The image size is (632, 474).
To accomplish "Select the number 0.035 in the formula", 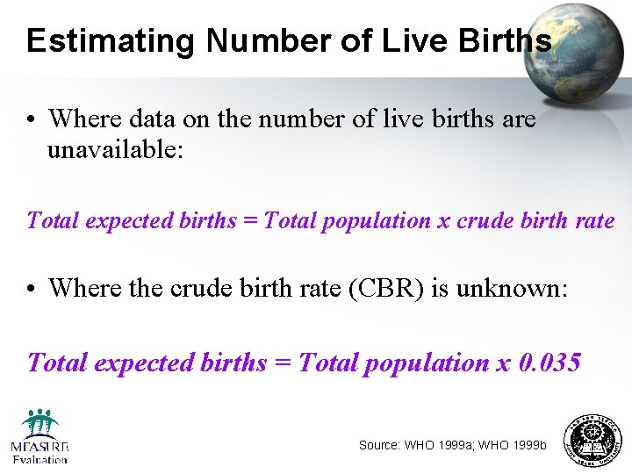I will point(550,362).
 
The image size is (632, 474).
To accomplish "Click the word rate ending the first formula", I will point(594,220).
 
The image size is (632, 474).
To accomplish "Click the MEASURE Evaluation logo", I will point(39,436).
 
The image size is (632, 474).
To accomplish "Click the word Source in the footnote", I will point(379,445).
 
